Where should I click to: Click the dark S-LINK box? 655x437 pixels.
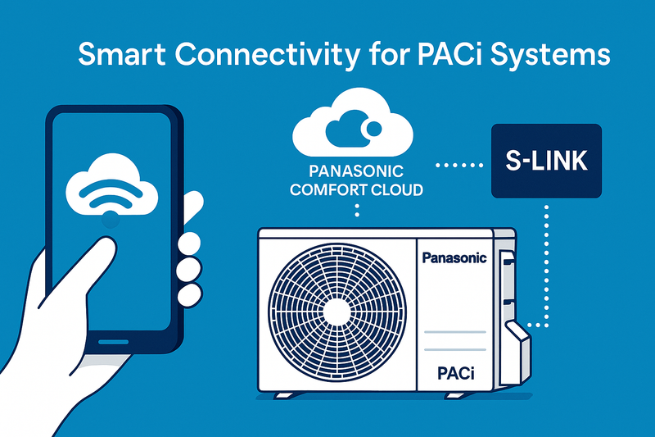point(546,161)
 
